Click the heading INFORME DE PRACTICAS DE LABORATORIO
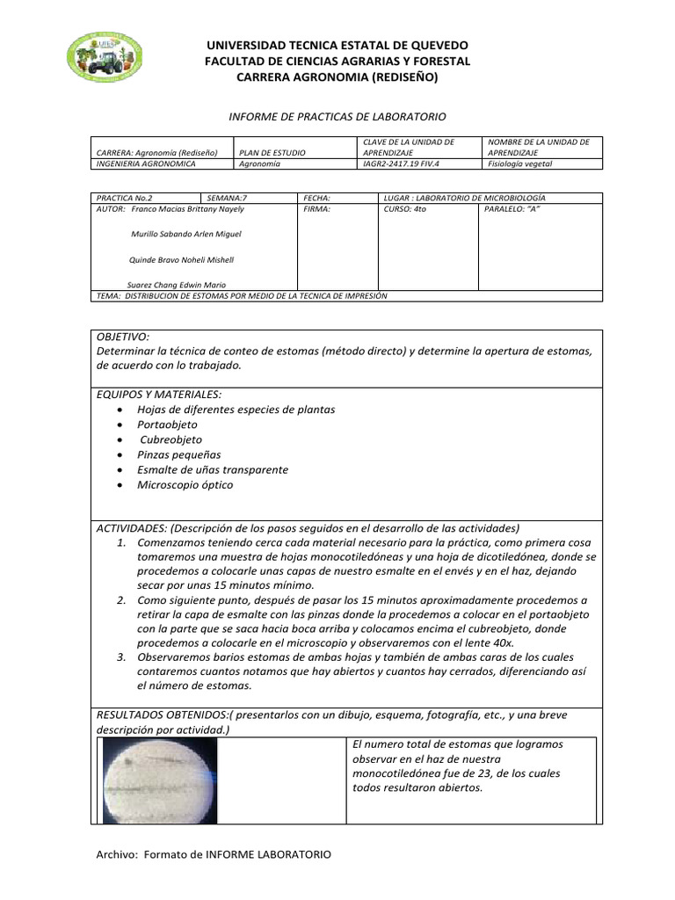click(337, 116)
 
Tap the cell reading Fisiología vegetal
click(515, 163)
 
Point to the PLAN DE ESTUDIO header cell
click(272, 152)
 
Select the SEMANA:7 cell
click(224, 199)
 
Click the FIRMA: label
click(316, 210)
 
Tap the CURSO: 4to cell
click(404, 210)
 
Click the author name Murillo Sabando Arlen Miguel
click(185, 235)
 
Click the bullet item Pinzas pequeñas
click(178, 454)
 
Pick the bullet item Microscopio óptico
click(185, 484)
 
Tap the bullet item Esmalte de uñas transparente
click(213, 469)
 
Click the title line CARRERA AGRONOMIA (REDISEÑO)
click(337, 77)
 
